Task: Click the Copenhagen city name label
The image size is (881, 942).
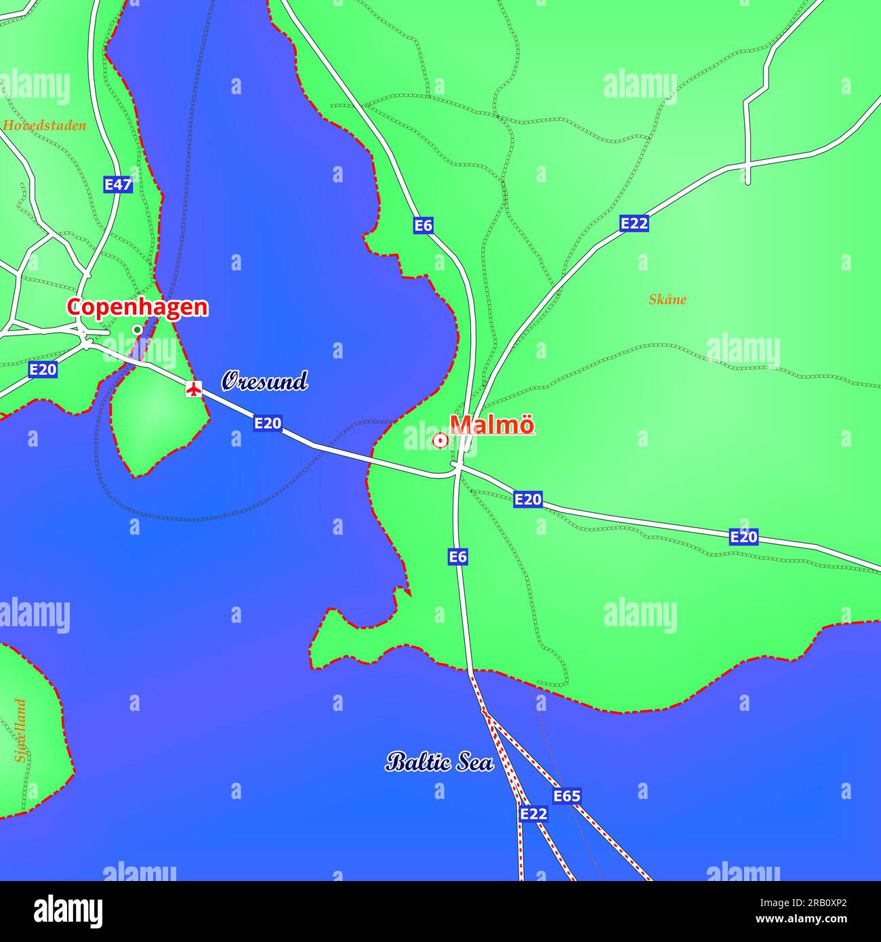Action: [x=137, y=307]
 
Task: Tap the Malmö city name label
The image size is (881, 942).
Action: [x=492, y=425]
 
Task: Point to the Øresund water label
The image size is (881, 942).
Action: [x=264, y=381]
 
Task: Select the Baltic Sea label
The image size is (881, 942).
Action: [x=439, y=762]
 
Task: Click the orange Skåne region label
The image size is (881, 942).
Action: [x=668, y=300]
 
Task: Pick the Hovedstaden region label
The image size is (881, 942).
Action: [x=45, y=125]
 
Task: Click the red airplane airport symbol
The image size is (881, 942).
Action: [x=194, y=389]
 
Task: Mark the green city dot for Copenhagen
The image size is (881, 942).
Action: [x=137, y=329]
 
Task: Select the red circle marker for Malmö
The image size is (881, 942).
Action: [x=440, y=441]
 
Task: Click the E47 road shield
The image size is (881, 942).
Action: [x=118, y=184]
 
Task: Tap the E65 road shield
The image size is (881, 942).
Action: [x=567, y=796]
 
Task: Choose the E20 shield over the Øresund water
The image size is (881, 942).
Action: [x=268, y=424]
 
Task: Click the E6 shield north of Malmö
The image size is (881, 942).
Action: [x=423, y=226]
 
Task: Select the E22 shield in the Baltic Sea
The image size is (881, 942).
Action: [x=533, y=814]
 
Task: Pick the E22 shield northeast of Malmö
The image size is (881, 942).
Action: [x=634, y=224]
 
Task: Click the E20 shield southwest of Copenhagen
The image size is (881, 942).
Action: [x=43, y=370]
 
